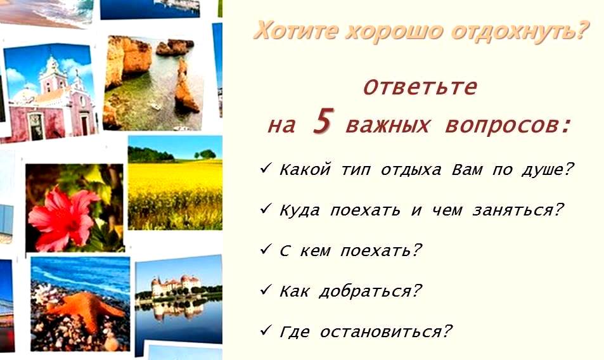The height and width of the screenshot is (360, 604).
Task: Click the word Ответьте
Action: coord(420,87)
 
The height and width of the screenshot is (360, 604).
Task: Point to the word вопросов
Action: coord(507,126)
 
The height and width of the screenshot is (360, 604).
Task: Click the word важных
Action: coord(387,125)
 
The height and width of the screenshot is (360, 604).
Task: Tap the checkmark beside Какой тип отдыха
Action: coord(266,167)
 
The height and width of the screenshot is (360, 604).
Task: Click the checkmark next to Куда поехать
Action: coord(266,209)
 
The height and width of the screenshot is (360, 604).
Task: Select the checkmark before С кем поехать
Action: coord(266,249)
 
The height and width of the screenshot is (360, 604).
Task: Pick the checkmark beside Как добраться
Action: coord(266,290)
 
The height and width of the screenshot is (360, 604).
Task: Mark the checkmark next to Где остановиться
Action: coord(266,330)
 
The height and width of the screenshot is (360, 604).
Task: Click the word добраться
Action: coord(370,292)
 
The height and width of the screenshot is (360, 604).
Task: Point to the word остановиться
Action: coord(386,331)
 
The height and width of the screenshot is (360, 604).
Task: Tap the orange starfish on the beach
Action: coord(87,308)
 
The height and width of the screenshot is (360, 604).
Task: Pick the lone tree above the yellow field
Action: coord(206,154)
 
